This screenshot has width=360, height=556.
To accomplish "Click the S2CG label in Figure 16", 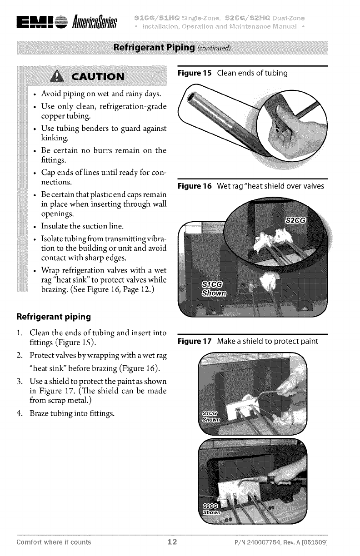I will (296, 220).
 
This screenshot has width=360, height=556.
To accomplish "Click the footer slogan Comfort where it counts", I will (54, 542).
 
